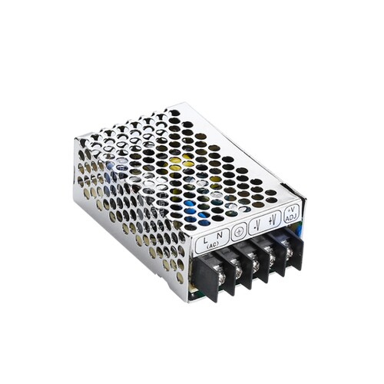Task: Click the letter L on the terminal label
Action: click(205, 240)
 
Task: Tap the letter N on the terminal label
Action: click(220, 235)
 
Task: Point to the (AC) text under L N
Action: click(213, 245)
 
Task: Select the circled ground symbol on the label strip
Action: click(239, 232)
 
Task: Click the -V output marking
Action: click(257, 225)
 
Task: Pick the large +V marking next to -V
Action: click(273, 220)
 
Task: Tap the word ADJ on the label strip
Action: click(291, 217)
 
